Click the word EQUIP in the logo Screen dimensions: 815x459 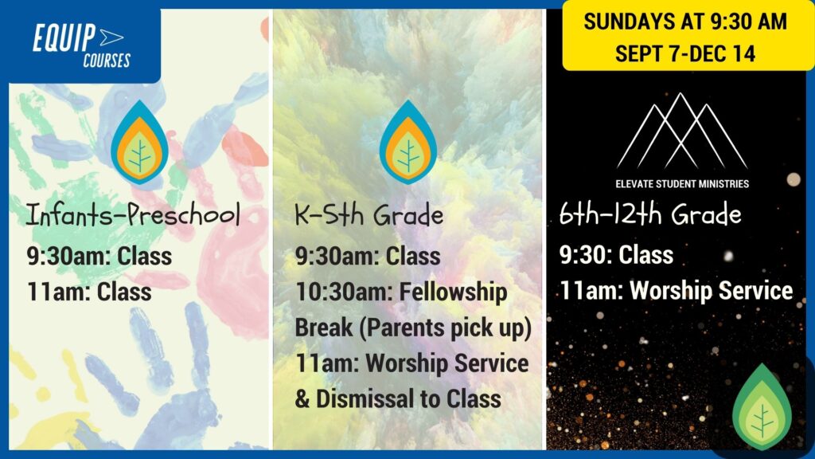click(64, 37)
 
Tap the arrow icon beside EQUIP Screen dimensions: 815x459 click(111, 37)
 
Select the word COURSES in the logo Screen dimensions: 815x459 click(107, 61)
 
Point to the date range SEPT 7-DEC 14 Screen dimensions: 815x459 click(685, 53)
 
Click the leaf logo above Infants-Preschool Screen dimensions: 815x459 click(139, 142)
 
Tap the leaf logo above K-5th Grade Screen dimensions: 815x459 click(408, 142)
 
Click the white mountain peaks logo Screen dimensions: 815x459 click(682, 131)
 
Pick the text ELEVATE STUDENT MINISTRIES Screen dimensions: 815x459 click(682, 184)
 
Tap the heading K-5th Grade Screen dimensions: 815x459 click(369, 214)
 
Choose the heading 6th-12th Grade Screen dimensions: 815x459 click(650, 214)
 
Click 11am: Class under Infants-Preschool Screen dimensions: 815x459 click(89, 292)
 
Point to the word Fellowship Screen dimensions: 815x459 click(453, 292)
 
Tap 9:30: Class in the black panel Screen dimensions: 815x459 click(616, 255)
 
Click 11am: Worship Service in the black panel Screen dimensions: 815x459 click(677, 290)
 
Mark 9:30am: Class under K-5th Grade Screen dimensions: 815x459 click(368, 256)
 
